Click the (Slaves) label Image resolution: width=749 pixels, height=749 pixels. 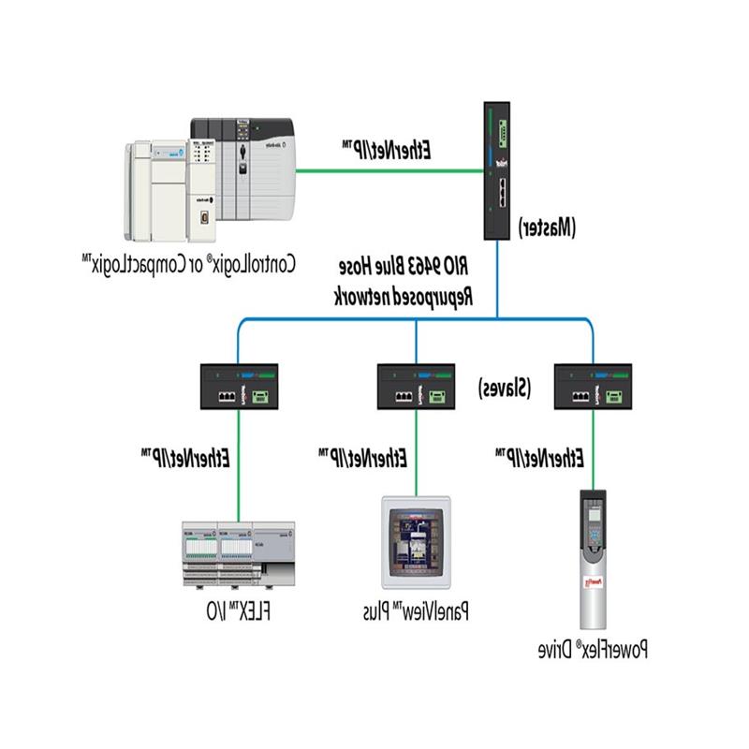coord(507,387)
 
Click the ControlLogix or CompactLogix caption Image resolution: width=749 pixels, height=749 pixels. coord(188,264)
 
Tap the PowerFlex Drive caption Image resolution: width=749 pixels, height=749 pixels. coord(594,648)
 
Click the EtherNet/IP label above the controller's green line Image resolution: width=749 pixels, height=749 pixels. coord(387,149)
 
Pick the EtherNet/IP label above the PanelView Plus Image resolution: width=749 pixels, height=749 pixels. coord(362,458)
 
